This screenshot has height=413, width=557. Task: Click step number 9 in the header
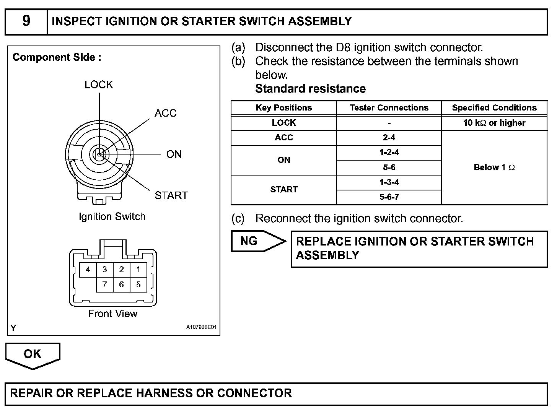coord(26,21)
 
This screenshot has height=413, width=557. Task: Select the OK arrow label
coord(32,354)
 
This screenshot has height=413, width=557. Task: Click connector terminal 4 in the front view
coord(88,270)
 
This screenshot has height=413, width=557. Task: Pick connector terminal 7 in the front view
coord(104,285)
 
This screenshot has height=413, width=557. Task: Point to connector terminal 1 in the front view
coord(138,270)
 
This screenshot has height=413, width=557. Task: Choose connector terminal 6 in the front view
coord(121,285)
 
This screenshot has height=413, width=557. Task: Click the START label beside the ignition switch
coord(171,196)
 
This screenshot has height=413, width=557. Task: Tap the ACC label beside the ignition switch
coord(165,113)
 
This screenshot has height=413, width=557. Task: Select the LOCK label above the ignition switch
coord(99,85)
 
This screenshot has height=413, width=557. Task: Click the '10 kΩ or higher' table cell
coord(494,123)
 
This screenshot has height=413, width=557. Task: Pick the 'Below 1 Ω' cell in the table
coord(494,167)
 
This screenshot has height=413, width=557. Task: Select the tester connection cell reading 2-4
coord(389,138)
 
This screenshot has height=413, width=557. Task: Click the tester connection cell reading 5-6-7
coord(389,197)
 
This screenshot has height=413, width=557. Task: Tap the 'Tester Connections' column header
coord(389,108)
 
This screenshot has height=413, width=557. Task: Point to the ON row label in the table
coord(284,160)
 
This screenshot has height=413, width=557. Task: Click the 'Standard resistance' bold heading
coord(310,89)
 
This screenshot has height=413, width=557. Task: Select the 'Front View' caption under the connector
coord(112,314)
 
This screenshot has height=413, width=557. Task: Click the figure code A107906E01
coord(201,327)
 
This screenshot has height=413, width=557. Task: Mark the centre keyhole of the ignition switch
coord(99,154)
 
